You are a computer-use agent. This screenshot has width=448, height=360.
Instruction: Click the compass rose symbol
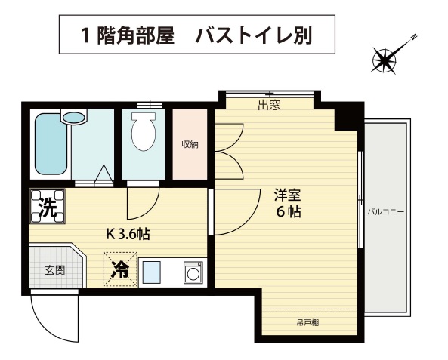coord(385,60)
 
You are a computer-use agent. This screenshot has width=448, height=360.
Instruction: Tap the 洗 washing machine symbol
coord(48,206)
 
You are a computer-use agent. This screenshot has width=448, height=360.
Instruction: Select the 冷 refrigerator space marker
coord(120,269)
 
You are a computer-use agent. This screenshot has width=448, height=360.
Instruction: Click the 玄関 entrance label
coord(55,270)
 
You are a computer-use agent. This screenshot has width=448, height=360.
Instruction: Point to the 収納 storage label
coord(190,144)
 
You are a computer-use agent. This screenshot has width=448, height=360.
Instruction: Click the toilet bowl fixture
coord(144,131)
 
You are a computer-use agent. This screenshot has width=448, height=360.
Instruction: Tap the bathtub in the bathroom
coord(51,144)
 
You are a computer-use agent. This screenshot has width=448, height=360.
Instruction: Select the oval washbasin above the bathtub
coord(74,117)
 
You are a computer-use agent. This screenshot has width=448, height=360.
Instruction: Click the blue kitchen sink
coord(151,272)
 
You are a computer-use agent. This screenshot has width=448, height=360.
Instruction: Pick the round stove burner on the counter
coord(193,273)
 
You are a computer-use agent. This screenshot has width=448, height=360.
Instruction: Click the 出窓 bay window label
coord(269,105)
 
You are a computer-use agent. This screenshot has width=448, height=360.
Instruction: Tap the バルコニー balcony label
coord(386,212)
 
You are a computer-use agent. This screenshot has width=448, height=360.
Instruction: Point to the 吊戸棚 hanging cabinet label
coord(307,323)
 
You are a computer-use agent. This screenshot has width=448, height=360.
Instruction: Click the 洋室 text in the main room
coord(287,195)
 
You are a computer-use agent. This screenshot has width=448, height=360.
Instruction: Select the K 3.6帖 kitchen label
coord(128,234)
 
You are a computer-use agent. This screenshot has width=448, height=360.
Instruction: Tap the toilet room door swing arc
coord(150,210)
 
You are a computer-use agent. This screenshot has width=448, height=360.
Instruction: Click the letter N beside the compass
coord(414,37)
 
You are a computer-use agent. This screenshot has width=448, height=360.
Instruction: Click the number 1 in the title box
coord(85,36)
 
